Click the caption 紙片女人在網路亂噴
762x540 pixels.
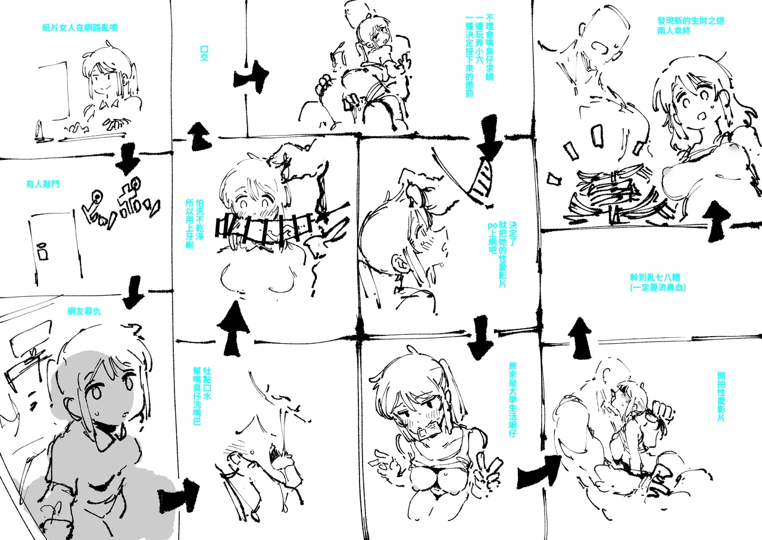click(x=80, y=27)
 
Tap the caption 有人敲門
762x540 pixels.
click(x=43, y=184)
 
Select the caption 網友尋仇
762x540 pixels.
click(x=84, y=311)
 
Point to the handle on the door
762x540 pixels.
click(x=42, y=251)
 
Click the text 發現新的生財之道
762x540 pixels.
click(x=691, y=21)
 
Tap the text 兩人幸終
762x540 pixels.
click(x=673, y=31)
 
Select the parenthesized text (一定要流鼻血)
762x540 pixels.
click(x=658, y=288)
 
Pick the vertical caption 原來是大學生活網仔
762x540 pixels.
click(x=513, y=399)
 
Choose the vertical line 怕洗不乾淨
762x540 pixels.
click(x=199, y=220)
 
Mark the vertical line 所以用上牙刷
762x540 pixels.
click(x=189, y=224)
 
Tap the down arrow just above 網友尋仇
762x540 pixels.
click(x=133, y=292)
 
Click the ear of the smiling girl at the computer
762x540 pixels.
click(x=125, y=81)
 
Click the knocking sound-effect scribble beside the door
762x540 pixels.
click(x=121, y=203)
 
